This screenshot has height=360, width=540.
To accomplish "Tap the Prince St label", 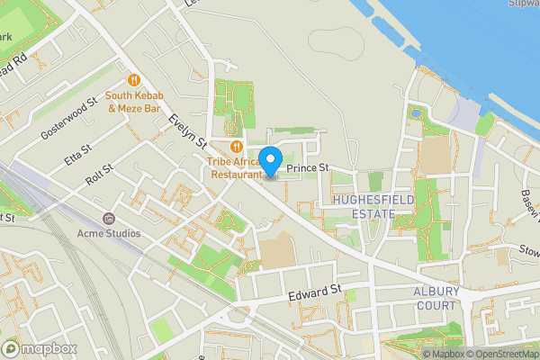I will pos(309,167).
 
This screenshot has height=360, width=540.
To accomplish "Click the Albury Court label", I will pos(436,299).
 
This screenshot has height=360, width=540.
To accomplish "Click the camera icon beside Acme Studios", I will pos(108,219).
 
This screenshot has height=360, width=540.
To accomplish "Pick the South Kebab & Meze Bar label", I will pos(133,102).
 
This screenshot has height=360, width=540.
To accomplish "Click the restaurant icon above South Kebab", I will pos(133,79).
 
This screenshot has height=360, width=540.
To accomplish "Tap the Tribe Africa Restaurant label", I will pos(233,168).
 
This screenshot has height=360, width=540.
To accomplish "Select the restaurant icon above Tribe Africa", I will pos(236,146).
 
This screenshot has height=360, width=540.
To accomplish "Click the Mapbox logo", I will pos(40,348).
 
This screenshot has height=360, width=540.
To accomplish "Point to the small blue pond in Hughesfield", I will pos(415,112).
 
